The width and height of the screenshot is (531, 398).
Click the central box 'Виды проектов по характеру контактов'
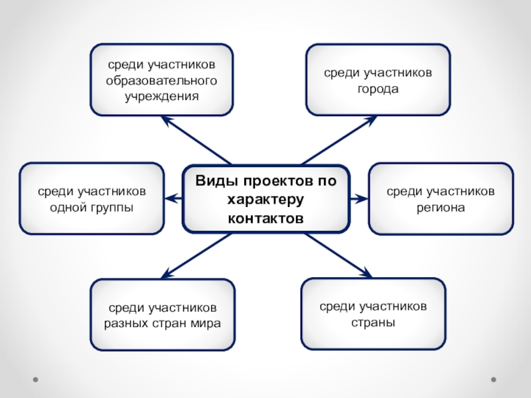(265, 199)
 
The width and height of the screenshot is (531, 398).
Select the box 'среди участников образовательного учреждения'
(162, 80)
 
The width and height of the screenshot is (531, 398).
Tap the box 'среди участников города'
(378, 80)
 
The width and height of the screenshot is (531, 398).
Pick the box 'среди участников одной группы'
(92, 199)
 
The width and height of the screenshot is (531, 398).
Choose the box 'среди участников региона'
(441, 199)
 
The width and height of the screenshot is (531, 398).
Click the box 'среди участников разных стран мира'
(163, 315)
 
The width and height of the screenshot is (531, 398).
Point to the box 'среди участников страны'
(374, 314)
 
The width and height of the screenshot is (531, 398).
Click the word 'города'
(378, 88)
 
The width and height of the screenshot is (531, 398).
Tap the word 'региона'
(441, 208)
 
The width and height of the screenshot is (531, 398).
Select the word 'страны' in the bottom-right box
(374, 323)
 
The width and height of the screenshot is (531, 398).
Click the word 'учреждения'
(162, 96)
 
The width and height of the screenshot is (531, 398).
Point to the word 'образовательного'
(162, 80)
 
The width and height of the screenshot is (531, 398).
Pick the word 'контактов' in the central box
(265, 218)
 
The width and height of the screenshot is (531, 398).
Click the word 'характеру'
(265, 200)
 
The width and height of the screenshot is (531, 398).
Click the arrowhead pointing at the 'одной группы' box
(170, 198)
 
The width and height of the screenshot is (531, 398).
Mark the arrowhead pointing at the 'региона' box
(362, 198)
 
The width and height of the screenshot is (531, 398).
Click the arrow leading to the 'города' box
(339, 140)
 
